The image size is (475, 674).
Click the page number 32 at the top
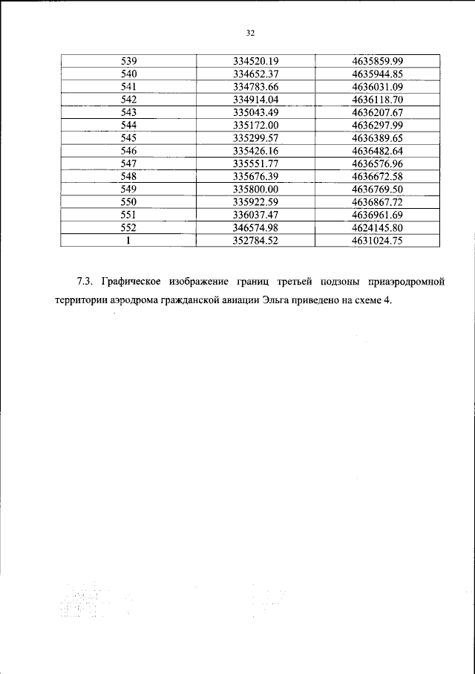pos(249,33)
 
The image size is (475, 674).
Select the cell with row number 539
pos(128,60)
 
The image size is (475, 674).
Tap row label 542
pos(128,99)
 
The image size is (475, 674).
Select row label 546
pos(128,150)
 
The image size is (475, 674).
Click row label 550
pos(128,201)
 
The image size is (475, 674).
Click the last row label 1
pos(128,240)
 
